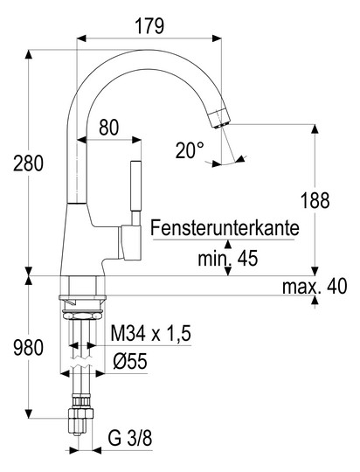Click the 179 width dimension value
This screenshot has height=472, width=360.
149,26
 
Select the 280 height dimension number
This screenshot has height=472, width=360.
28,163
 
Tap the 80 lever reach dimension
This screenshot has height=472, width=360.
109,128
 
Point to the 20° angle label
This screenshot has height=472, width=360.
190,149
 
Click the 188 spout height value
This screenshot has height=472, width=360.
315,200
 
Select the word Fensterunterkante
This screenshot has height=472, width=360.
225,228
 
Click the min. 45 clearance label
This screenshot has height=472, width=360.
228,258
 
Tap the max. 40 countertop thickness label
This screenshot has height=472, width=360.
315,286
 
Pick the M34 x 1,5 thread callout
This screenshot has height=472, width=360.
151,334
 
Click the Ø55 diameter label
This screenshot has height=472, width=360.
130,361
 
